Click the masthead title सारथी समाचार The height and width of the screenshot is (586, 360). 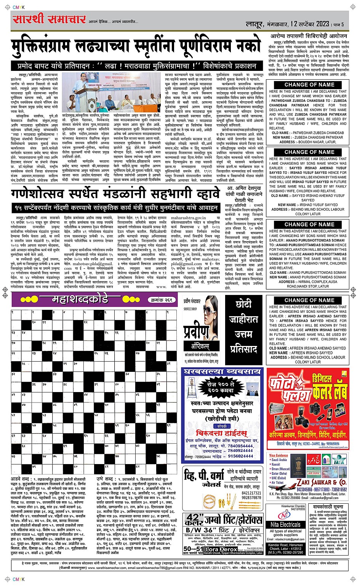pyautogui.click(x=50, y=19)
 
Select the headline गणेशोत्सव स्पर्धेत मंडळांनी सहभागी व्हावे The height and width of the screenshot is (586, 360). pyautogui.click(x=115, y=194)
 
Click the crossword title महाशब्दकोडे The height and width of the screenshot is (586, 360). pyautogui.click(x=80, y=299)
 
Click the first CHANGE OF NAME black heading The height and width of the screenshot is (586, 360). pyautogui.click(x=309, y=85)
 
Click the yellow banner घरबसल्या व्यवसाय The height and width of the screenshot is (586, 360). pyautogui.click(x=222, y=371)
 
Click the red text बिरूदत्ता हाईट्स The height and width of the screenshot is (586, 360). pyautogui.click(x=221, y=433)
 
